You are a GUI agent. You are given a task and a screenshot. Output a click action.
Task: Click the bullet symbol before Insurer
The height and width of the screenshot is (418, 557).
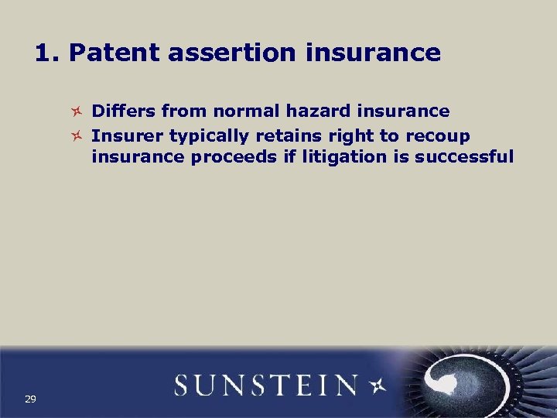pyautogui.click(x=76, y=136)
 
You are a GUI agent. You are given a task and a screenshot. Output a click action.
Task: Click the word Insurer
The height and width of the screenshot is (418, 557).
pyautogui.click(x=127, y=136)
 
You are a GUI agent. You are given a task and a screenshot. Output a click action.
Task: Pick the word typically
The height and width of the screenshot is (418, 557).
pyautogui.click(x=205, y=137)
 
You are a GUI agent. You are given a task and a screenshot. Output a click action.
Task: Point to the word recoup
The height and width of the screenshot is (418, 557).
pyautogui.click(x=438, y=137)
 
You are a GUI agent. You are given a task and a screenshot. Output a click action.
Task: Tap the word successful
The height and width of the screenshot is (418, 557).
pyautogui.click(x=464, y=157)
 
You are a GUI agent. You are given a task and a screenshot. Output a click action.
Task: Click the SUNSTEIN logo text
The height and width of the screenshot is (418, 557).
pyautogui.click(x=265, y=385)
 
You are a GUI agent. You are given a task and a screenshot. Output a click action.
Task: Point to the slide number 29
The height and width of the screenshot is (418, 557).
pyautogui.click(x=30, y=399)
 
